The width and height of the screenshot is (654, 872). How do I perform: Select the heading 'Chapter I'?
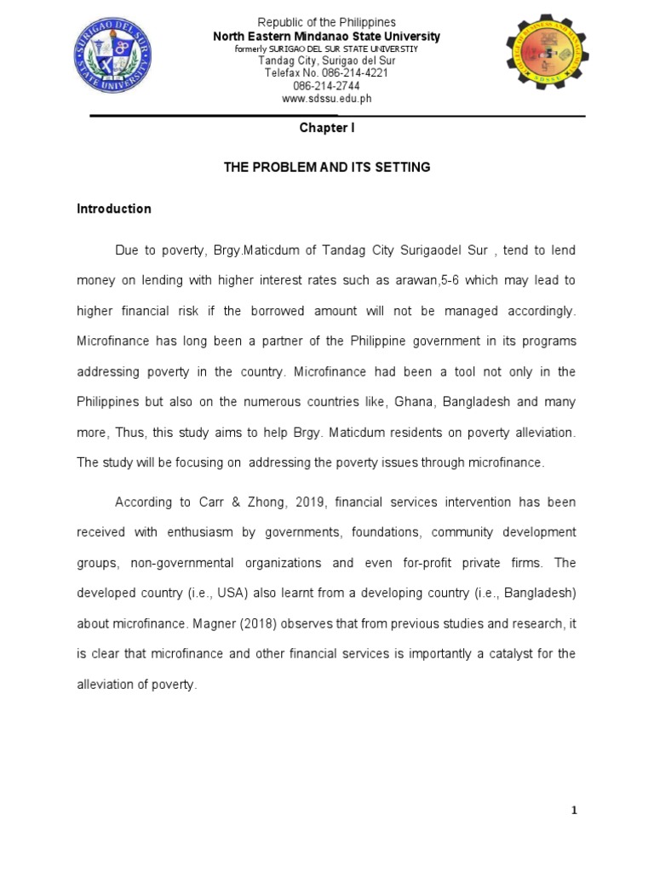point(326,129)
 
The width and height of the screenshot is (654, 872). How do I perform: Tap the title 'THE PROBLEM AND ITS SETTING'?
point(327,168)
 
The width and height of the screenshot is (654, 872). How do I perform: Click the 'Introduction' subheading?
point(114,209)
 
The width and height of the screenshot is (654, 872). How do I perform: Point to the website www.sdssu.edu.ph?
point(326,99)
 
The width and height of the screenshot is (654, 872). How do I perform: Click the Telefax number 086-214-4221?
point(326,74)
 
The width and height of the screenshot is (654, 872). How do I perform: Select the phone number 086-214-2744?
point(326,86)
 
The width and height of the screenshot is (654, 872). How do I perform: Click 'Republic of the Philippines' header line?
point(326,21)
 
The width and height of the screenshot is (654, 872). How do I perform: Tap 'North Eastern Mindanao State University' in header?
point(326,37)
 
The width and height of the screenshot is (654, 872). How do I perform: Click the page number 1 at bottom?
point(574,810)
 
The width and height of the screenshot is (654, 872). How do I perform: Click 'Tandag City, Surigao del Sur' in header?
point(326,61)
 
